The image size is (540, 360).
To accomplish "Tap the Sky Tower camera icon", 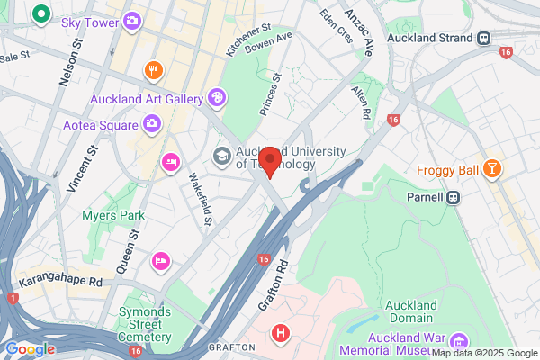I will coord(132,20).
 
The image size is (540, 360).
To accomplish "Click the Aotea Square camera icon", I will coord(152,122).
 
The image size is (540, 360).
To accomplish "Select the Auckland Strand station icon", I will coord(484,39).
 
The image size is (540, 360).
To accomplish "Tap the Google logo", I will coord(29,348).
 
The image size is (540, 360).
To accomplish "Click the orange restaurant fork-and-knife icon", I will coord(154,69).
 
